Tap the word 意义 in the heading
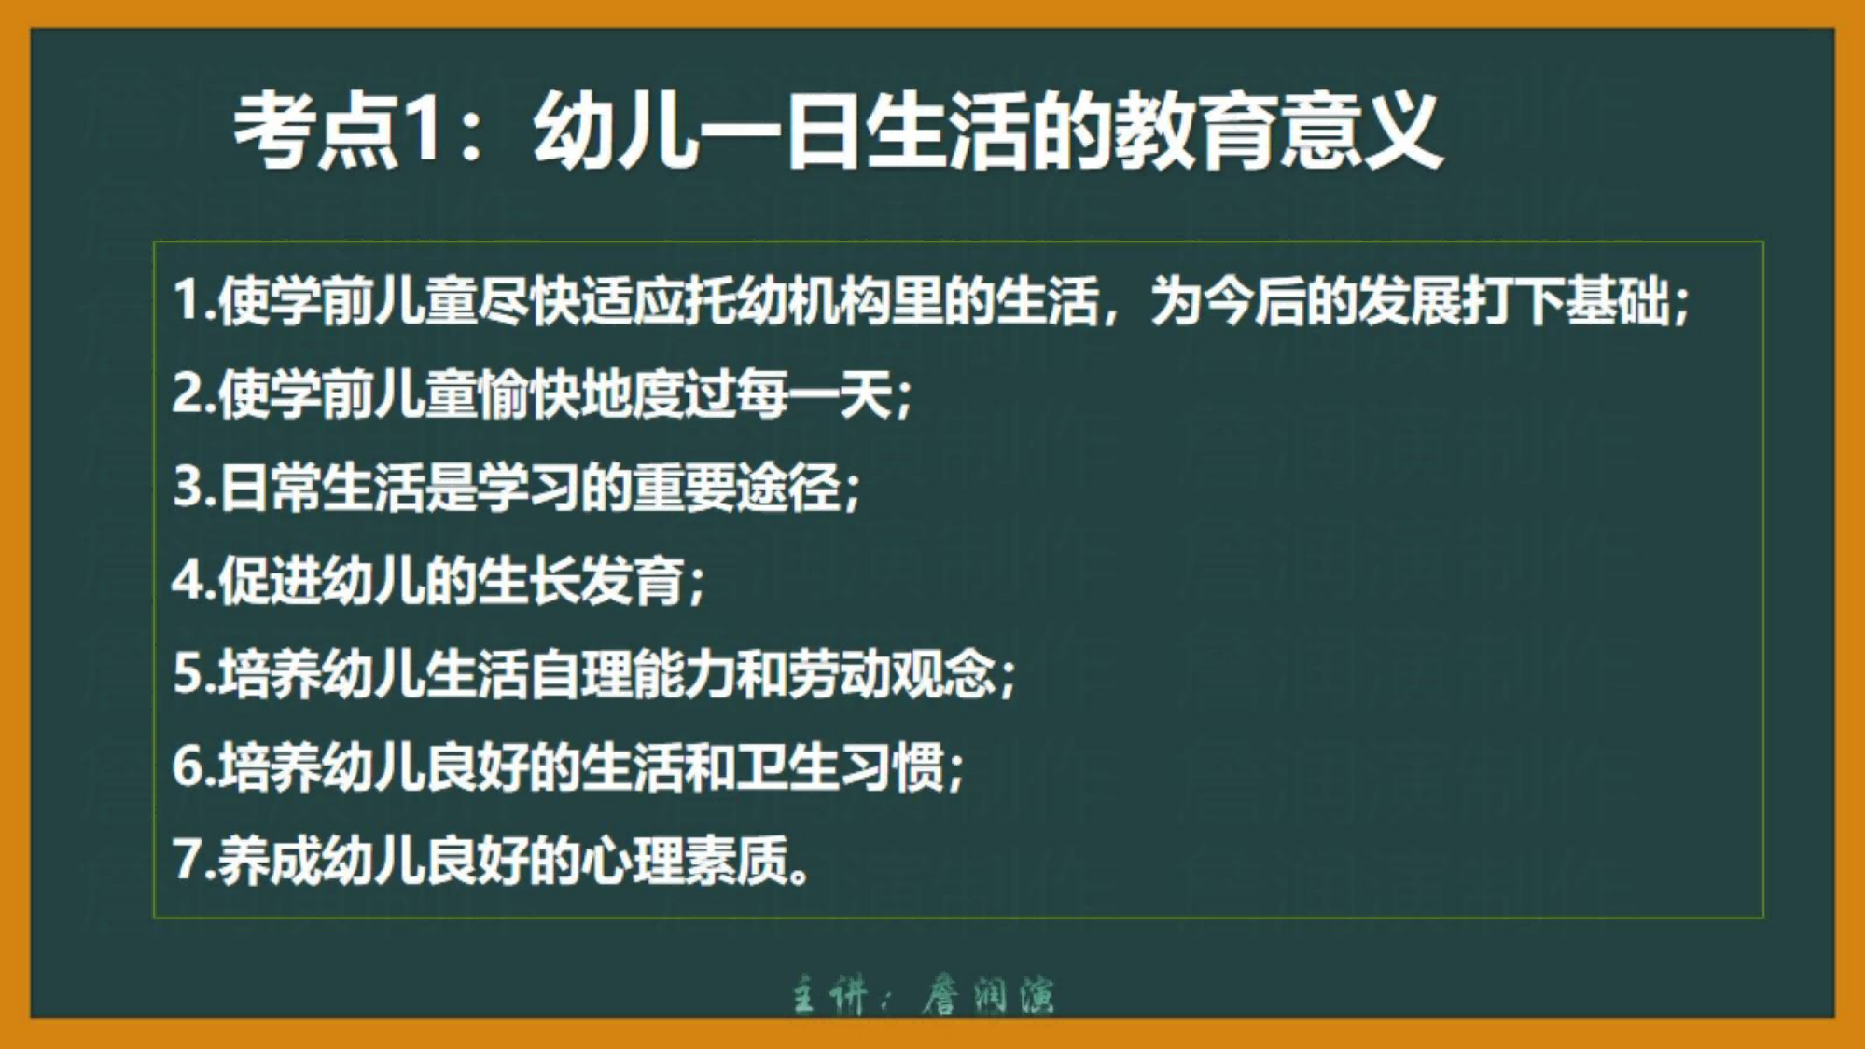tap(1361, 131)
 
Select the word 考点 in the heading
tap(316, 131)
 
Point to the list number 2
tap(189, 393)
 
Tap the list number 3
tap(189, 487)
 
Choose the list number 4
tap(189, 580)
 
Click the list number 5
tap(189, 673)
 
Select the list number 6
tap(189, 766)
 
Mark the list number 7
tap(189, 860)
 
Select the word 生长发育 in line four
tap(580, 580)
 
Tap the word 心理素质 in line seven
tap(684, 860)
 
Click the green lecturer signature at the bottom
tap(924, 995)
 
